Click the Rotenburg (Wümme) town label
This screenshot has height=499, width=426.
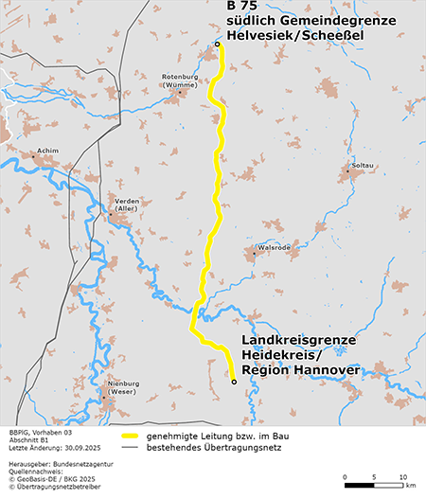[180, 80]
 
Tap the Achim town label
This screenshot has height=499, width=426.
[47, 151]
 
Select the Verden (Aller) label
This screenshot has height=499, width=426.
[127, 205]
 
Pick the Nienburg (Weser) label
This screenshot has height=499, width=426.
[123, 387]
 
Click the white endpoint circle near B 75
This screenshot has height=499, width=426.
[217, 45]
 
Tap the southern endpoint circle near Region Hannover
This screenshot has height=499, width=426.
[234, 383]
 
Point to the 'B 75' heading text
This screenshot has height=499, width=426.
[242, 7]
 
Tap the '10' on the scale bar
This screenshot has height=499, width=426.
[404, 475]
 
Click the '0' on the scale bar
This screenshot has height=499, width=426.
[346, 475]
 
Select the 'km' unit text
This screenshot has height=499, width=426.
[410, 486]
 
